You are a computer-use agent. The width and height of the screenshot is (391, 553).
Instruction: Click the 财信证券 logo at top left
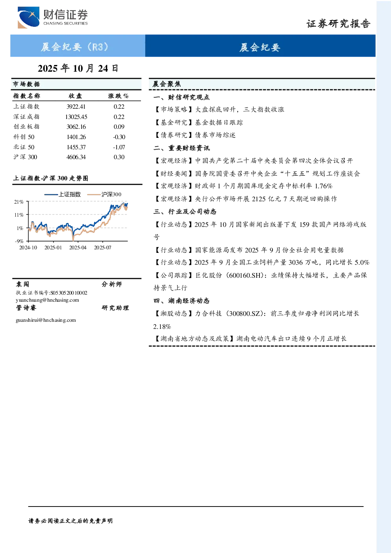tap(53, 17)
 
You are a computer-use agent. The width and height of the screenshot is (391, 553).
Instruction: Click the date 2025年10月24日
tap(78, 69)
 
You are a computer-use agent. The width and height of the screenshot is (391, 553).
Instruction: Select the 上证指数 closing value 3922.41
tap(76, 107)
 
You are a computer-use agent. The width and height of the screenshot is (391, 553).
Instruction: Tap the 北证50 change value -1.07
tap(119, 147)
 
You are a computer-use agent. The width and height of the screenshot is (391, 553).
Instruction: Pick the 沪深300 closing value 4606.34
tap(76, 157)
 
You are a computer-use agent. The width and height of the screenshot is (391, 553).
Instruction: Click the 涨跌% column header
tap(119, 96)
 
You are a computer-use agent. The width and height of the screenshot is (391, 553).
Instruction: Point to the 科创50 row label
tap(24, 137)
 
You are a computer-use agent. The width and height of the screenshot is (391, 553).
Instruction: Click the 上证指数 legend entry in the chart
tap(63, 194)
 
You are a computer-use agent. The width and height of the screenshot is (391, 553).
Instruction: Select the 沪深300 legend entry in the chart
tap(104, 194)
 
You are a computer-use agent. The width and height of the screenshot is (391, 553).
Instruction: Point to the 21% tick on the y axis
tap(19, 202)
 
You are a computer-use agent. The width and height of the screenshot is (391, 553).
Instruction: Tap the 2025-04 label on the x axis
tap(78, 247)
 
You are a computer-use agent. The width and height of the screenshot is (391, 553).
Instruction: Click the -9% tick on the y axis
tap(19, 241)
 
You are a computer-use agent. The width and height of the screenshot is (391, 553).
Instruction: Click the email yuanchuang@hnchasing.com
tap(47, 300)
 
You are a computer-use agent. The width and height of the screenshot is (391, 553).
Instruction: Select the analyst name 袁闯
tap(22, 284)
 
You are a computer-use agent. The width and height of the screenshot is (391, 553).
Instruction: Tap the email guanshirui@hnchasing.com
tap(46, 320)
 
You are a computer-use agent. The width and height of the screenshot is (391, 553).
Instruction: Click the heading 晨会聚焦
tap(167, 84)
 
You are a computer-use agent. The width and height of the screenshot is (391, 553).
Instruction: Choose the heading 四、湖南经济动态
tap(182, 301)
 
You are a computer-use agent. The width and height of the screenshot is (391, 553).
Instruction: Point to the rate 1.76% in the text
tap(324, 186)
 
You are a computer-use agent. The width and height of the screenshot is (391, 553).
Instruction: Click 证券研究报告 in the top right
tap(338, 24)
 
